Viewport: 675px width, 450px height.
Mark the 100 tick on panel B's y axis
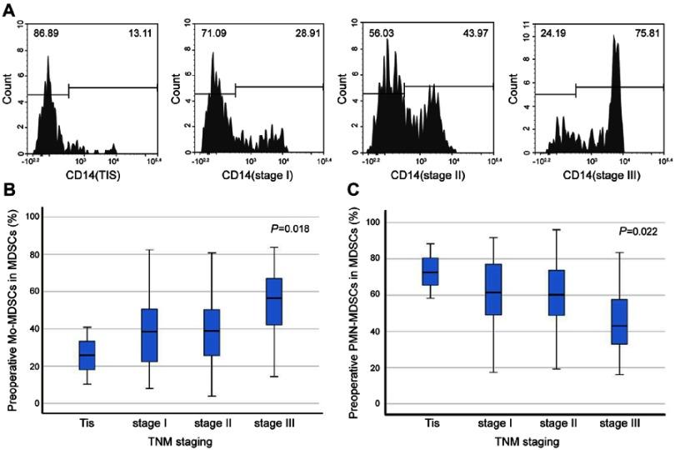34,217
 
